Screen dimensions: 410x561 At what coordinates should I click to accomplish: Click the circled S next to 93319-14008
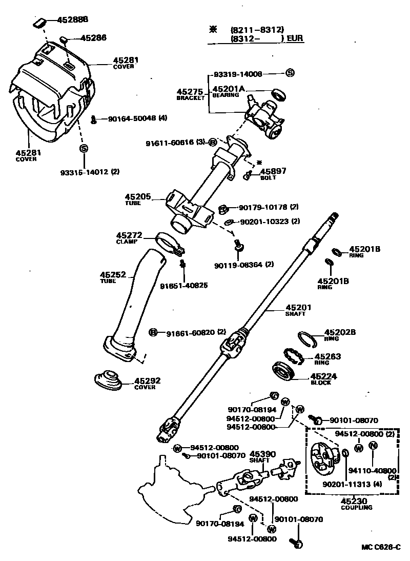[290, 73]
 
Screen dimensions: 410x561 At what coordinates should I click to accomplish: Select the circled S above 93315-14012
[84, 149]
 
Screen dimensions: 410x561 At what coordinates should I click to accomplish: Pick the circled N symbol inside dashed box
[374, 446]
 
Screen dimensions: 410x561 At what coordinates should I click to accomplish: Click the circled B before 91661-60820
[152, 333]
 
